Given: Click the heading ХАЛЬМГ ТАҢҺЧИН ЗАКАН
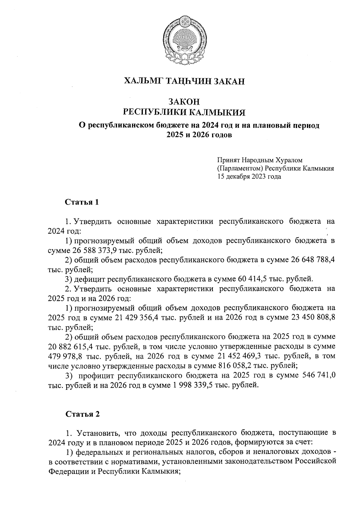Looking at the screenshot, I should click(x=184, y=81).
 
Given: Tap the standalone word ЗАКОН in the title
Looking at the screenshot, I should click(x=184, y=102).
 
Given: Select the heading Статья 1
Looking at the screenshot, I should click(x=82, y=202).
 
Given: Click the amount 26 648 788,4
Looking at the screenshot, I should click(x=313, y=260).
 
